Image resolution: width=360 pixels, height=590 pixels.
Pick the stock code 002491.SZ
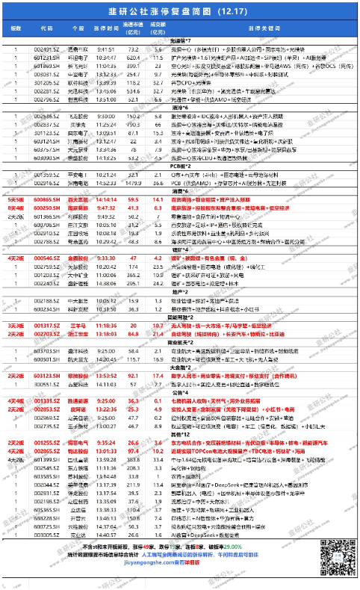[47, 47]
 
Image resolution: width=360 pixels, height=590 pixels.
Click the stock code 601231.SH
[47, 55]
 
